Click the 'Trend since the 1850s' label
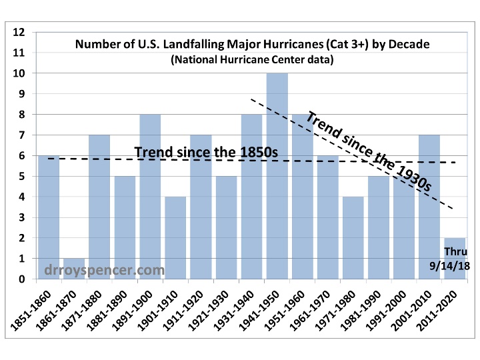(205, 151)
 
